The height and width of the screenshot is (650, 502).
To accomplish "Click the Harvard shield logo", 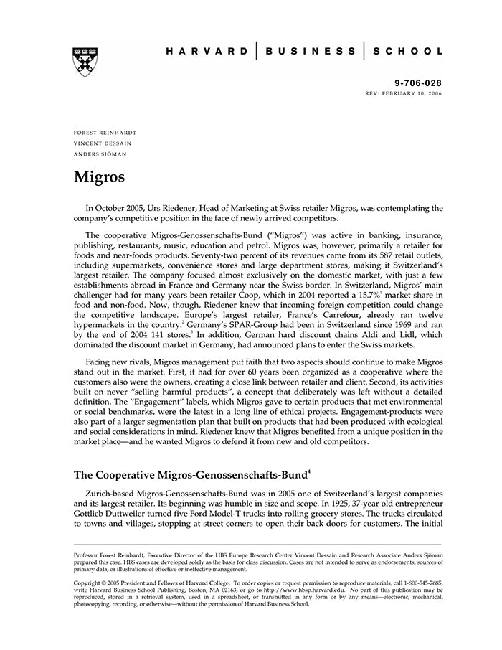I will (85, 62).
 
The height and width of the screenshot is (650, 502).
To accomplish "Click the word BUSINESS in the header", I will (310, 52).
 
